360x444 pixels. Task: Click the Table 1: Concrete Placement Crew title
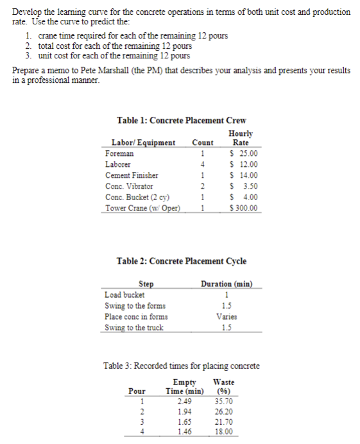[x=181, y=120]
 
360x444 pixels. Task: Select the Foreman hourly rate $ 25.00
[x=244, y=154]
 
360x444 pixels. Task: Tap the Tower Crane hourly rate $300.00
[x=244, y=208]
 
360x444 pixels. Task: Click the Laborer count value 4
[x=202, y=165]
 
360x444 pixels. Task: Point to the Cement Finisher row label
[x=132, y=176]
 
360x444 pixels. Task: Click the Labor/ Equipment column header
[x=143, y=142]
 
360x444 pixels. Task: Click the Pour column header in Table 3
[x=137, y=391]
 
